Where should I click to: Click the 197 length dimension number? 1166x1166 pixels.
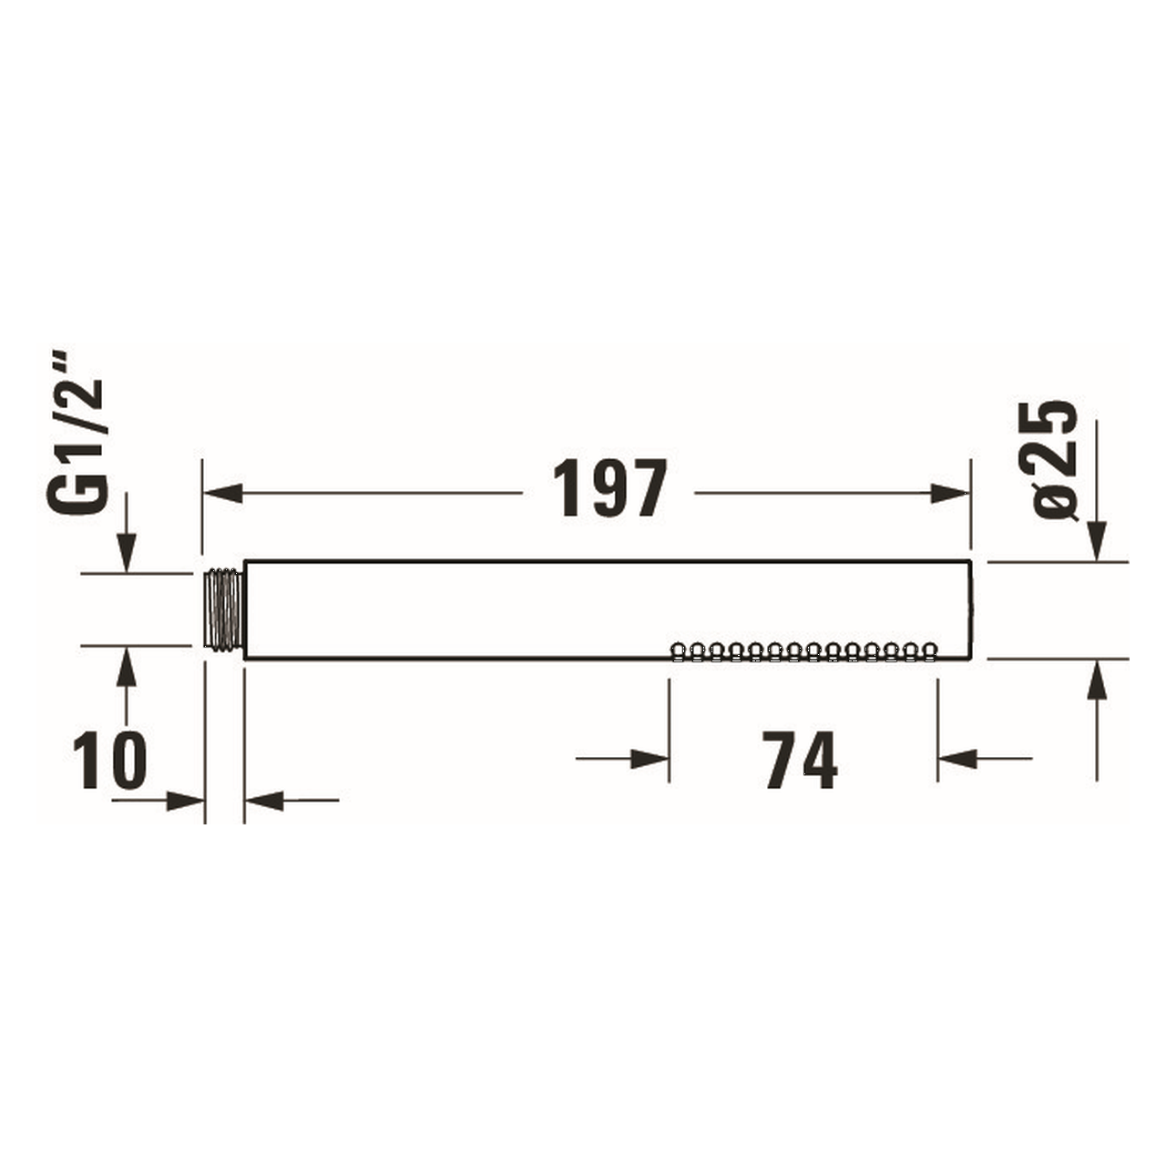point(610,489)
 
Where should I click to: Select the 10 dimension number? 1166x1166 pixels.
point(109,760)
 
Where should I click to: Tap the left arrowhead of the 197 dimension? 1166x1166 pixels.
point(222,493)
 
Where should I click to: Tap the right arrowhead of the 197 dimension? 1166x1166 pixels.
point(950,493)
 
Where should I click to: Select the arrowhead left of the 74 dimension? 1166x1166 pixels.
point(649,759)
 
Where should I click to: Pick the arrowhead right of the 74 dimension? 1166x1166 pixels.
point(957,759)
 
